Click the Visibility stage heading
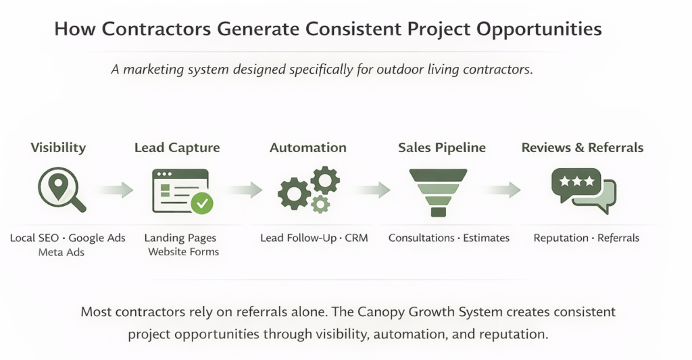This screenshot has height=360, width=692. click(x=59, y=148)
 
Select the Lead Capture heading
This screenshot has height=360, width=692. click(x=177, y=148)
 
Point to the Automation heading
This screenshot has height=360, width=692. click(x=308, y=148)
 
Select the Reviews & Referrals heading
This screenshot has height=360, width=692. click(x=583, y=148)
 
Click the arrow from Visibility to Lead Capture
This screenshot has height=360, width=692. click(x=112, y=190)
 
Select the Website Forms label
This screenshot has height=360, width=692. click(x=184, y=252)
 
